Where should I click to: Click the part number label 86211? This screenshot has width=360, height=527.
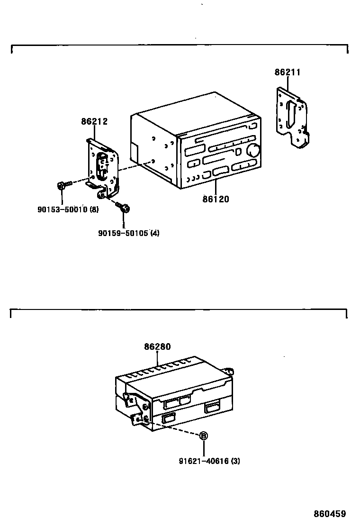click(288, 73)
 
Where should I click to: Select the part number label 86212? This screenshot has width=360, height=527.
click(94, 121)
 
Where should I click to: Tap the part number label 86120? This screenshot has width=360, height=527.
click(216, 200)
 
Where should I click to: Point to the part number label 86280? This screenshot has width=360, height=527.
click(157, 347)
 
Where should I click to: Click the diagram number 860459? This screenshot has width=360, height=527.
click(330, 514)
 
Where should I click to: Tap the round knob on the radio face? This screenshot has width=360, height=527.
click(253, 150)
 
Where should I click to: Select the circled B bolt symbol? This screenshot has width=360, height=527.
click(203, 436)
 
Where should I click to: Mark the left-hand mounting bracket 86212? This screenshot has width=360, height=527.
click(103, 168)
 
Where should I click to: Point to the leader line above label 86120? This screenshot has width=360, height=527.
click(216, 188)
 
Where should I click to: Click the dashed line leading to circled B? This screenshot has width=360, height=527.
click(175, 427)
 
